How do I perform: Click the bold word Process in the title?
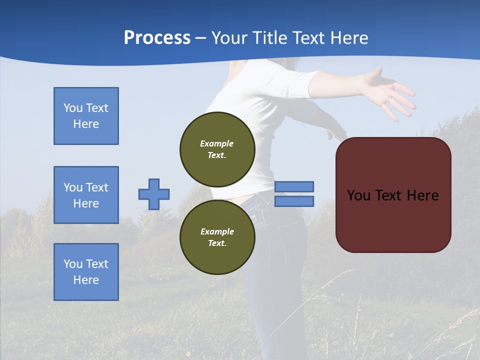point(157,38)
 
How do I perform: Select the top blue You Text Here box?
point(86,116)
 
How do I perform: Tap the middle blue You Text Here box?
point(86,195)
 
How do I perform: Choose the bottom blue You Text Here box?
point(86,272)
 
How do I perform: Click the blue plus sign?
point(154,194)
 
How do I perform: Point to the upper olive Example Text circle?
point(217,149)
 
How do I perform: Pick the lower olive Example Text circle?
point(217,237)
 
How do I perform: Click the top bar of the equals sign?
point(294,186)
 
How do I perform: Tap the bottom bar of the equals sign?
point(294,201)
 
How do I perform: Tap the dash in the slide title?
point(200,38)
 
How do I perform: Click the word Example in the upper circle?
point(217,143)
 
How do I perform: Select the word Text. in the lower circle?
point(217,243)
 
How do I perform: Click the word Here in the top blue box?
point(86,124)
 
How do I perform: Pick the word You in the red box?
point(358,195)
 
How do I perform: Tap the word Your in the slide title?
point(229,38)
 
